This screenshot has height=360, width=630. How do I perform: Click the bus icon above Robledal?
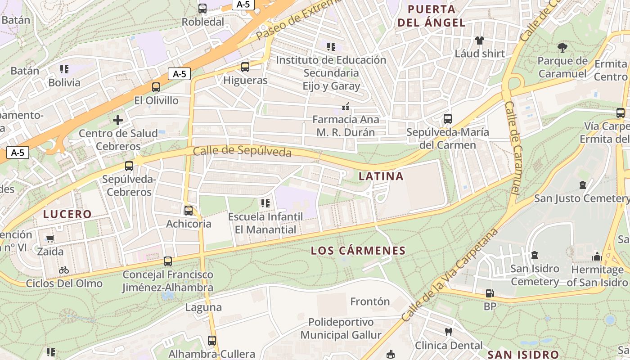(x=202, y=8)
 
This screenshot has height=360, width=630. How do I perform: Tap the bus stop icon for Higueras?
(x=245, y=67)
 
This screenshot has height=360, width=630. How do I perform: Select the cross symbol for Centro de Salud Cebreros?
(x=118, y=120)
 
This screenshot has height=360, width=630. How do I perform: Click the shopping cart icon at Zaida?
(x=50, y=238)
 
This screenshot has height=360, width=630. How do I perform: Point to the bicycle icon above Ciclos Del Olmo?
(x=64, y=270)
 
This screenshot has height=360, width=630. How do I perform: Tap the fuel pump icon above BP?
(x=490, y=293)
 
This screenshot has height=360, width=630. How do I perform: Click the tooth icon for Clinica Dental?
(x=448, y=332)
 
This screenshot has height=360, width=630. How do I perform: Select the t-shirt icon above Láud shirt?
(x=480, y=40)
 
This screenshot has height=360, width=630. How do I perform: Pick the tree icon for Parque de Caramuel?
(x=562, y=47)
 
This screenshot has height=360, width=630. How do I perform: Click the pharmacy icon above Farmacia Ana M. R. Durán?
(x=346, y=107)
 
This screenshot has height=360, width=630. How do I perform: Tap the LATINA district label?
(x=381, y=176)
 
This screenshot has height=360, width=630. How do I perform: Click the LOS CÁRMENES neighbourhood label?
(x=358, y=251)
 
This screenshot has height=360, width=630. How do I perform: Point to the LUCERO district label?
(x=67, y=214)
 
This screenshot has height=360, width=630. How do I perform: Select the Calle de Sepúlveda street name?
(x=242, y=152)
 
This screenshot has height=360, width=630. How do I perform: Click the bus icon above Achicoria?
(x=189, y=210)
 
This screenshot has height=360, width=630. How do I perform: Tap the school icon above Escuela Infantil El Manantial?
(x=265, y=203)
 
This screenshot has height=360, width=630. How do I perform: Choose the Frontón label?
(x=370, y=301)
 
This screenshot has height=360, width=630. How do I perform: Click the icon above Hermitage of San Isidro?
(x=597, y=256)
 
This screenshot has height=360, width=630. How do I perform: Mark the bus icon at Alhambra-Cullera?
(x=212, y=341)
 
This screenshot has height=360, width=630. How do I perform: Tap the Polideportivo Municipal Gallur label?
(x=341, y=329)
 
